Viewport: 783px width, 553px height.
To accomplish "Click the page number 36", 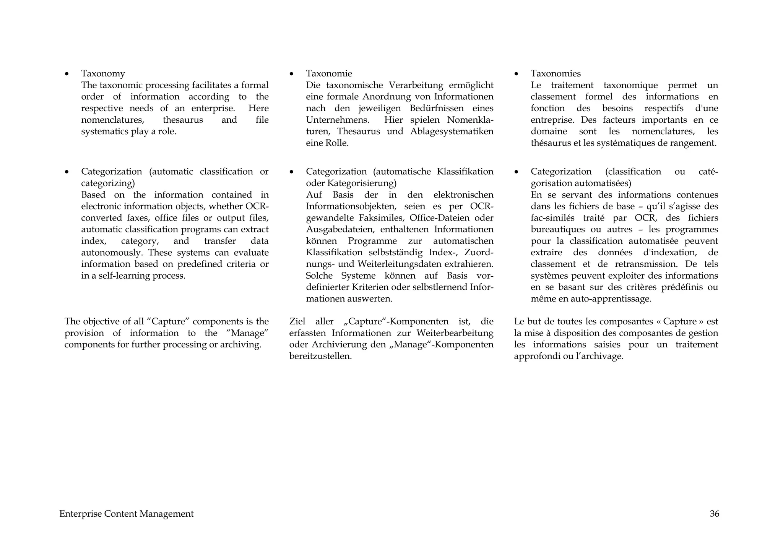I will coord(714,514).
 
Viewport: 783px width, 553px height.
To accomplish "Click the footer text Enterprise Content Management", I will coord(126,514).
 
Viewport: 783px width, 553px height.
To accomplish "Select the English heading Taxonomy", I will coord(103,73).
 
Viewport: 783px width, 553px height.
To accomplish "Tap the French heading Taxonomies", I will coord(556,73).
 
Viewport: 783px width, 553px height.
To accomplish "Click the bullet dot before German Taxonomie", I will coord(291,74).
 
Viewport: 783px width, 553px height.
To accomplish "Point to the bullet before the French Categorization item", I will coord(516,172).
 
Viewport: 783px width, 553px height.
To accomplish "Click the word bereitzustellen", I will coord(320,356).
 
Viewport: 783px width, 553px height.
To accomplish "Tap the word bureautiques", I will coord(552,229).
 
